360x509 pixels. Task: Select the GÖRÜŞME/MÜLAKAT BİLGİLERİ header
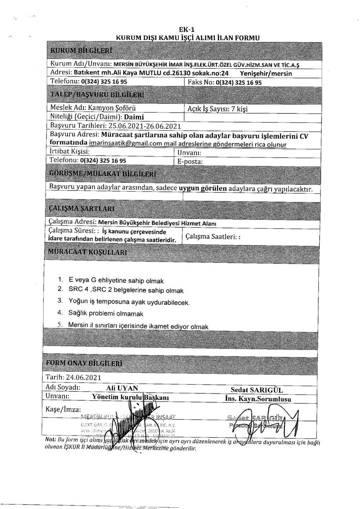[103, 174]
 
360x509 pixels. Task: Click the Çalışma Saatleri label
[213, 237]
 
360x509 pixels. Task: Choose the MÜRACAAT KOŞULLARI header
[87, 252]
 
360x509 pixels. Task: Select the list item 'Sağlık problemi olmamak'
[106, 314]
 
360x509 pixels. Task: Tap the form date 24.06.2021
[86, 377]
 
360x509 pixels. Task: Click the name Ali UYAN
[122, 388]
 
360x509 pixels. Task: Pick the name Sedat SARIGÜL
[257, 390]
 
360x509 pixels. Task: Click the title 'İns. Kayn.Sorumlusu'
[258, 399]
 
